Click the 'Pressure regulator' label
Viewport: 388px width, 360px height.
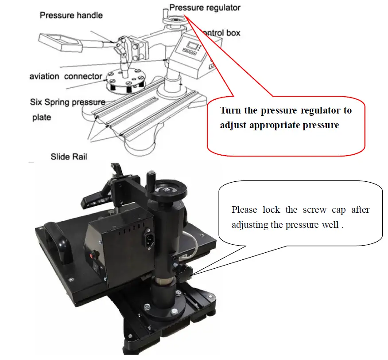[205, 8]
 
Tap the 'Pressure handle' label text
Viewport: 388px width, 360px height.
[71, 16]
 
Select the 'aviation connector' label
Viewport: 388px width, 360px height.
[66, 76]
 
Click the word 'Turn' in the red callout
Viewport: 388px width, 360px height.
[230, 110]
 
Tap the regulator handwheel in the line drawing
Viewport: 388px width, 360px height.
[173, 20]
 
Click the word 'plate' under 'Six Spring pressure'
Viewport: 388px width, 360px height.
[42, 117]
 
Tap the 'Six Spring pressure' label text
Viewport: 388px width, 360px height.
[68, 102]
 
